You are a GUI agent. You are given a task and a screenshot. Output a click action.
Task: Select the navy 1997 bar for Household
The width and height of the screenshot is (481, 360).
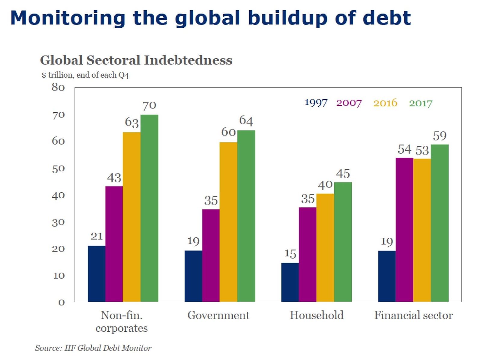point(290,282)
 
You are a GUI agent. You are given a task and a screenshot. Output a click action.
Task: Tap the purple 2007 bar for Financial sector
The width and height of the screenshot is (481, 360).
point(404,230)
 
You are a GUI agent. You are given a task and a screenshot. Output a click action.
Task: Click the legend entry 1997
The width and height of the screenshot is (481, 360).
point(316,103)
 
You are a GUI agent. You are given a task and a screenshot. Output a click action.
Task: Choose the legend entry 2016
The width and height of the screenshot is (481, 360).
point(385,103)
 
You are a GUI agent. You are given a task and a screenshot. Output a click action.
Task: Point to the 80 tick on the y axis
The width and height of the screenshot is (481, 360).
point(58,87)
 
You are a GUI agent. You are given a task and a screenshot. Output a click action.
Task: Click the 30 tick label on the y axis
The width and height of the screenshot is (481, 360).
point(58,222)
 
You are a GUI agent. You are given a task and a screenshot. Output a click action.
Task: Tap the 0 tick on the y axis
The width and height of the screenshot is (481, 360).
point(61,302)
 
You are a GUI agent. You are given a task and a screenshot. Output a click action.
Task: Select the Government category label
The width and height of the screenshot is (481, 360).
point(218,315)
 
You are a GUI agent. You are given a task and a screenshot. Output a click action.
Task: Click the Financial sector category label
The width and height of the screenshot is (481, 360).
point(413,315)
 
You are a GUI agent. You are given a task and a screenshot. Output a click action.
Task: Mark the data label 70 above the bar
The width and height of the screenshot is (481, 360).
point(149,105)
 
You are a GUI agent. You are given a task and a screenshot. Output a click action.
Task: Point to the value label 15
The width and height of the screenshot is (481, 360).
point(290,254)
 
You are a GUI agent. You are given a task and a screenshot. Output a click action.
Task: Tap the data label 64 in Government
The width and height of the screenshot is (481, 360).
point(246,121)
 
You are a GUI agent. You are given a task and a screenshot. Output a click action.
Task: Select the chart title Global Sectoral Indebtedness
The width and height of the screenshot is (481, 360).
point(136,60)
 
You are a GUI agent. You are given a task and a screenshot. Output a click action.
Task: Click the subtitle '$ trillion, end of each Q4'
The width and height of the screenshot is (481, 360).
point(85,75)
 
